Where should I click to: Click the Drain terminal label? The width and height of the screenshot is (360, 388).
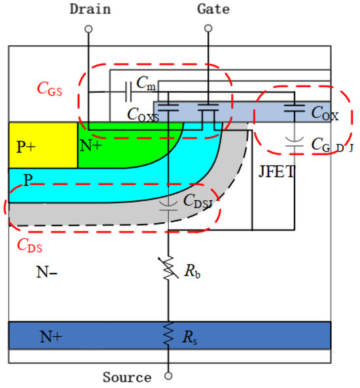(90, 9)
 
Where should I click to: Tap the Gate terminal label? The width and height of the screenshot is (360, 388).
(213, 9)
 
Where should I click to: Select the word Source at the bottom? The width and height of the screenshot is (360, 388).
(127, 377)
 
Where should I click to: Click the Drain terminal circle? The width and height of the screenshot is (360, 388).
(88, 29)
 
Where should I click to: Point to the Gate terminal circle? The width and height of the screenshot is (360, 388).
(208, 28)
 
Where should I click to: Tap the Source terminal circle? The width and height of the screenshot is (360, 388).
(168, 376)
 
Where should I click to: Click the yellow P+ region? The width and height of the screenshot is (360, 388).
(43, 145)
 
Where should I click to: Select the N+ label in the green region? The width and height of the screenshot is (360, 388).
(91, 145)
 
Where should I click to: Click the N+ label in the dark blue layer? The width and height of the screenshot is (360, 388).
(51, 336)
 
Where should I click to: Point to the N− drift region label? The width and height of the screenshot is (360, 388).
(46, 272)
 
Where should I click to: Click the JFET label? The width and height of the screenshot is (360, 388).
(277, 171)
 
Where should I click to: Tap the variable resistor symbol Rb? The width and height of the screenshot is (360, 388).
(169, 268)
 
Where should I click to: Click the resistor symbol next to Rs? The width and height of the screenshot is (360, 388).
(168, 334)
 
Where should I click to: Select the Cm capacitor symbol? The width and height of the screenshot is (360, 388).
(128, 92)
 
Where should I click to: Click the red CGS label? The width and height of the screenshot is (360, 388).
(50, 89)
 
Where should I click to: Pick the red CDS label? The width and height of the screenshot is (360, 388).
(29, 245)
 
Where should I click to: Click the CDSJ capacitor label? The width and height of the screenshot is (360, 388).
(198, 201)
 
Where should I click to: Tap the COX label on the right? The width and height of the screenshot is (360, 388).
(325, 114)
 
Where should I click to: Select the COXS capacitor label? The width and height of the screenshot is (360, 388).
(143, 115)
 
